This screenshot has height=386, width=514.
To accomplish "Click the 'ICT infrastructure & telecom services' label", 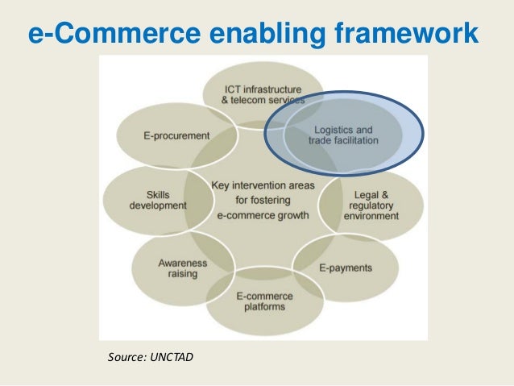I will [x=263, y=95].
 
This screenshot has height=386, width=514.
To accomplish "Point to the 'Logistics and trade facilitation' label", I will [x=343, y=135].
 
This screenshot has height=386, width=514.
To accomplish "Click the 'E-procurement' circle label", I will [x=176, y=136].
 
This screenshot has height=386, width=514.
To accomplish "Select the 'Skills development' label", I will [x=157, y=200].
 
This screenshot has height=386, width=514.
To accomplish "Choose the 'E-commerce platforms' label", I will [x=263, y=301].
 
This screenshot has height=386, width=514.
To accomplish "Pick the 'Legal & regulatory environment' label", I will [x=371, y=205].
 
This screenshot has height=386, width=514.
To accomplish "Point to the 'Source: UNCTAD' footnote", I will [x=151, y=355].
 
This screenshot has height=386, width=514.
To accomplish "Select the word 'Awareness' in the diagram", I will [x=182, y=264].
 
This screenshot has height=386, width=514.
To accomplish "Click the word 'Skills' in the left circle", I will [x=158, y=194].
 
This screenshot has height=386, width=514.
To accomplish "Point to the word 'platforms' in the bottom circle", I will [x=263, y=307].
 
